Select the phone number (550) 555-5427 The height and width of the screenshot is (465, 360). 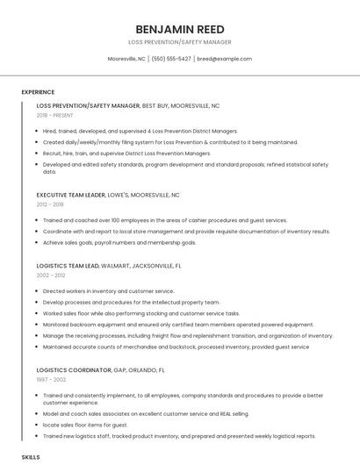(171, 59)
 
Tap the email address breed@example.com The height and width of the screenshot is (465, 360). (224, 59)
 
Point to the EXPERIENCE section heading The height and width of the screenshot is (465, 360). (38, 92)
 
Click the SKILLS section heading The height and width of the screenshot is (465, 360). (31, 457)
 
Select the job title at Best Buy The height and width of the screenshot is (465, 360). (128, 105)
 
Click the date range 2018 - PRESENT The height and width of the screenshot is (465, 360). (56, 115)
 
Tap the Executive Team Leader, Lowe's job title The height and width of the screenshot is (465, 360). (108, 195)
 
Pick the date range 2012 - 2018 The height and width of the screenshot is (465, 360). (50, 204)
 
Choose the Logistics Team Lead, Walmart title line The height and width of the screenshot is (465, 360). (109, 265)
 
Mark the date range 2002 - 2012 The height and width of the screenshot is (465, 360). (51, 275)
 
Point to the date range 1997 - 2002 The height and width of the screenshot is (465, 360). (50, 380)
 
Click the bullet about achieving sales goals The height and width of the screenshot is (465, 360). (119, 242)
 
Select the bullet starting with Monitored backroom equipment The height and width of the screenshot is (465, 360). (177, 325)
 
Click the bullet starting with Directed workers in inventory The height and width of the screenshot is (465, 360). (108, 290)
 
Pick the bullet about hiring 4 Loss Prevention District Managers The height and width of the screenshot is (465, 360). (140, 131)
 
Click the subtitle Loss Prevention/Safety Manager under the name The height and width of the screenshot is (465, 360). (179, 41)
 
